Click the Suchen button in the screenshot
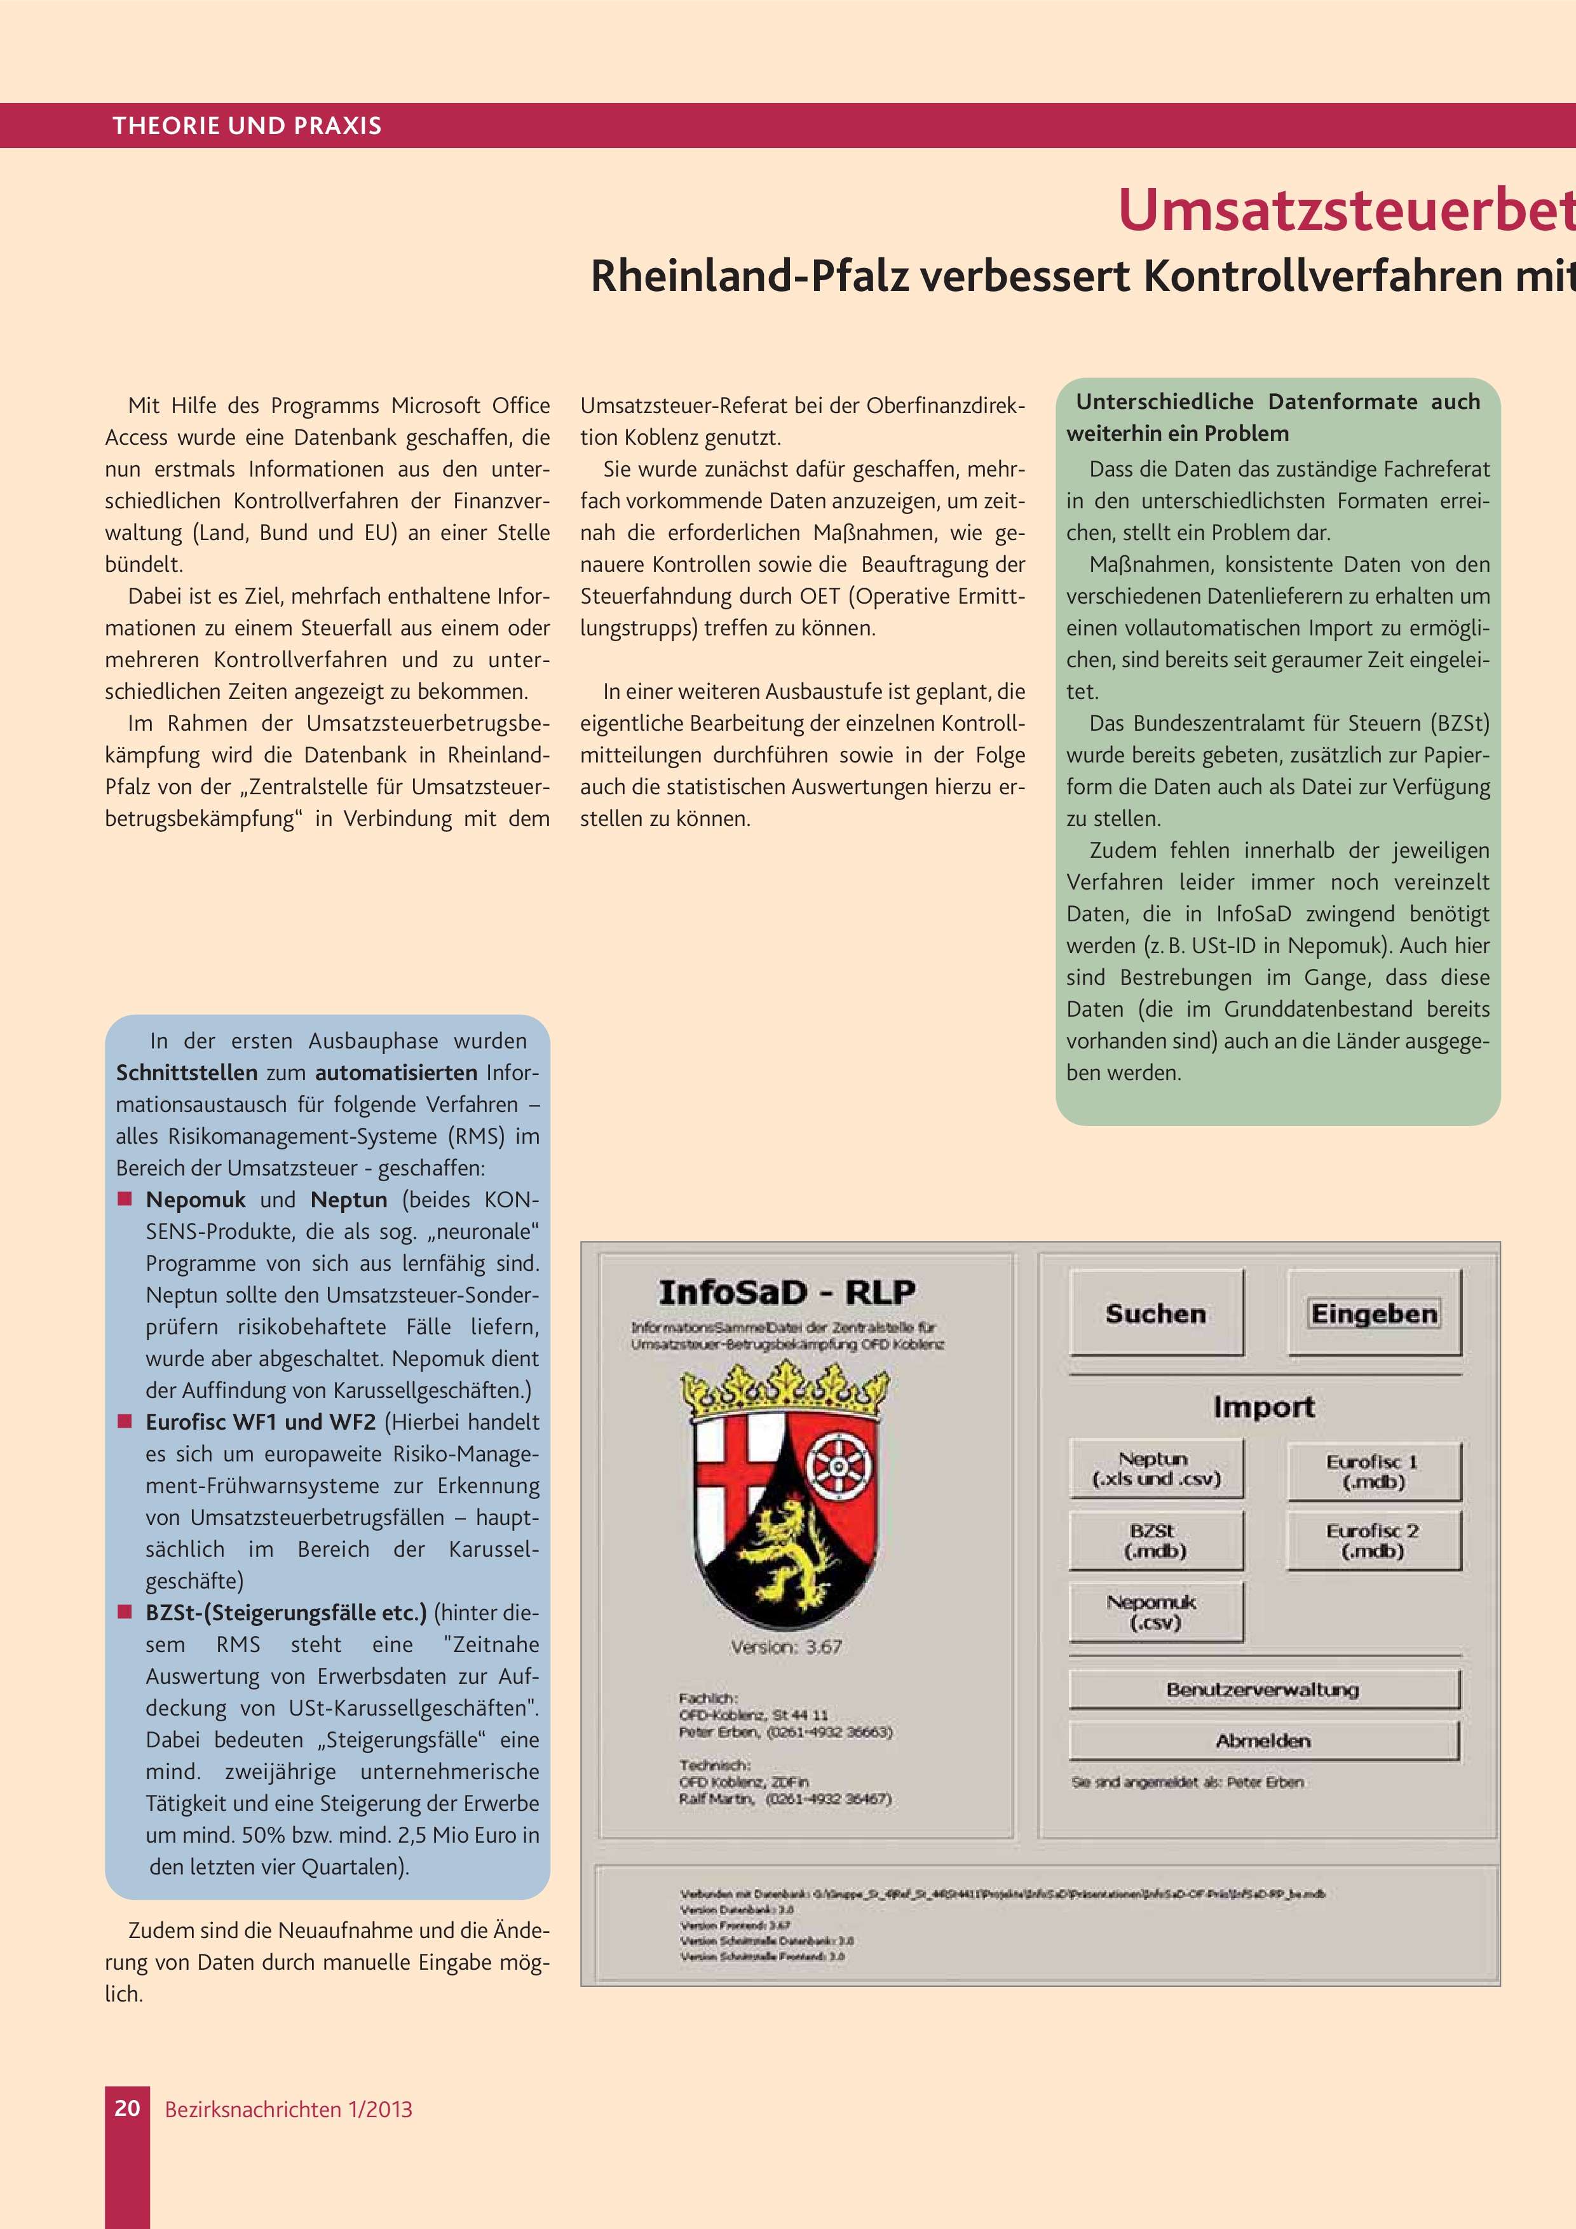pos(1155,1313)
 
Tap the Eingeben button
pos(1373,1313)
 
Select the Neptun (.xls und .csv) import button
pos(1155,1469)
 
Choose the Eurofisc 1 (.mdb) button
pos(1373,1472)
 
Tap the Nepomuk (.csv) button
pos(1155,1611)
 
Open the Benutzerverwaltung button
pos(1262,1690)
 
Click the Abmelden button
pos(1262,1740)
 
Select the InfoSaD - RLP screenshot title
pos(787,1292)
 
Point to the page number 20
pos(127,2108)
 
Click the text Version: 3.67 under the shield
pos(787,1646)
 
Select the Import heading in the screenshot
pos(1263,1407)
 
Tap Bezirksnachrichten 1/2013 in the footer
pos(289,2110)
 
